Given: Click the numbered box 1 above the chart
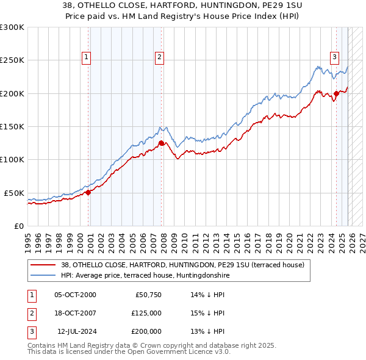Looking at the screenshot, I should (86, 58).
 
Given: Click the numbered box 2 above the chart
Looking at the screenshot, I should (159, 58).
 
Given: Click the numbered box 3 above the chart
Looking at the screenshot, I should (335, 58).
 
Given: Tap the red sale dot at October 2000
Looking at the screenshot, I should (88, 192).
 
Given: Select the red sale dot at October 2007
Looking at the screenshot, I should (161, 143).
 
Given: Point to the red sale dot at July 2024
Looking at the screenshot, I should (336, 93).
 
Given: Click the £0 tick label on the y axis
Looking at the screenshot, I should (18, 226).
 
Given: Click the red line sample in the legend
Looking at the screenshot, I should (43, 265).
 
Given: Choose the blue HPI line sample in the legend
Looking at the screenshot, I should (43, 275).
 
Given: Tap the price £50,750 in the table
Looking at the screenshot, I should (146, 295).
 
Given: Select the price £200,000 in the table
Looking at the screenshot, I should (146, 331).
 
